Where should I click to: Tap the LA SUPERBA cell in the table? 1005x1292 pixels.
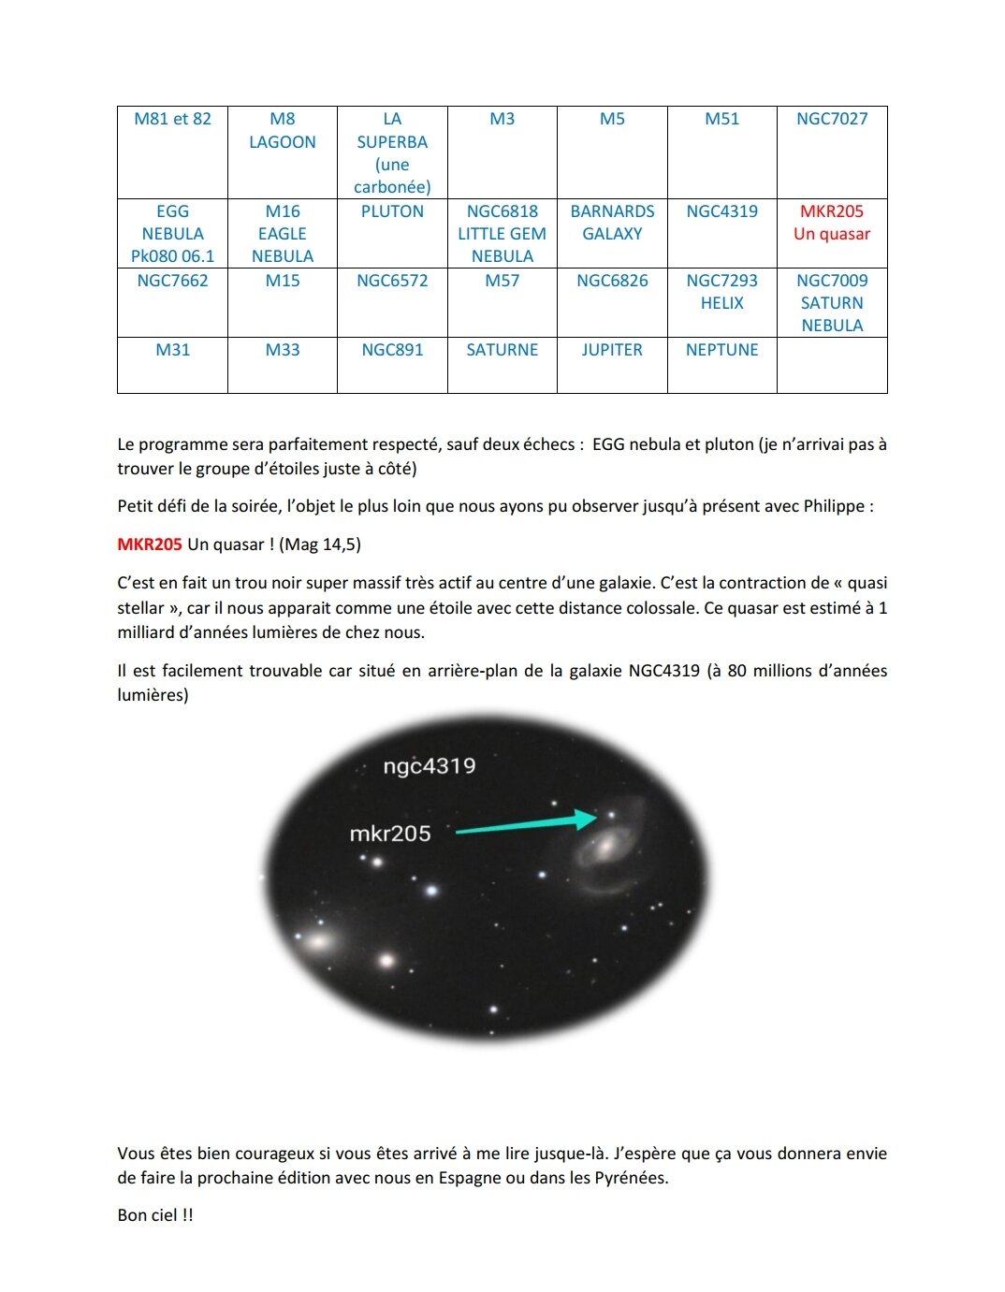(x=392, y=152)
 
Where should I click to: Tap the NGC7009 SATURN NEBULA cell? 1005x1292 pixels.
(x=832, y=303)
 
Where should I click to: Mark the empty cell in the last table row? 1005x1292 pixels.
(x=832, y=365)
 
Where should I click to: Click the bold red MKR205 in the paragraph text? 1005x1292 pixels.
(x=150, y=544)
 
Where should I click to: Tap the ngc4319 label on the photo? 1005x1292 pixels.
(x=430, y=766)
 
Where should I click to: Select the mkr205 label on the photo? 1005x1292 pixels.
(x=390, y=834)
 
